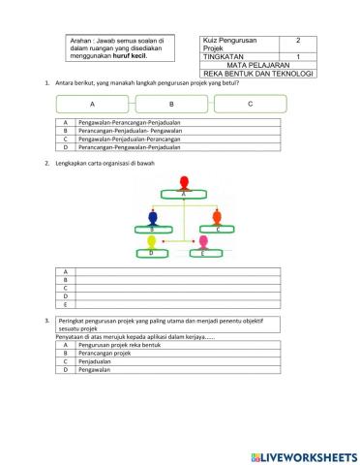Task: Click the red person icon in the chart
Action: [x=184, y=182]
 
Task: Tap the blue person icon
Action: [x=151, y=216]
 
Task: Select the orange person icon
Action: [x=218, y=216]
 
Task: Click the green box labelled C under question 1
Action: [x=251, y=103]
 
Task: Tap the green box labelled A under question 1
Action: [x=93, y=104]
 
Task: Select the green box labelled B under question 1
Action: [x=171, y=104]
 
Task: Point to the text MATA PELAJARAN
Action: [x=256, y=65]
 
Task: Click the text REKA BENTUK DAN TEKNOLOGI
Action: [x=258, y=74]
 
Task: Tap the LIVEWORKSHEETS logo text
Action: [x=302, y=455]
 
